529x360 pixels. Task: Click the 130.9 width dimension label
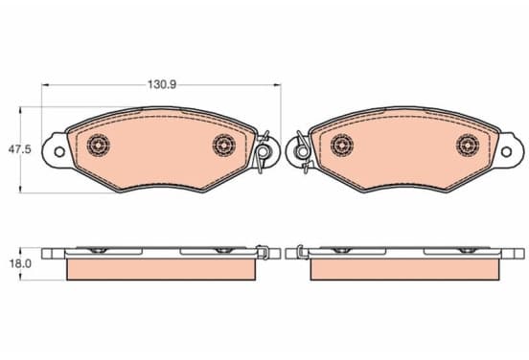[x=162, y=84]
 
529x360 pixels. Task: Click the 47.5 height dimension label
[x=19, y=149]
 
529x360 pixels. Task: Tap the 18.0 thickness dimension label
[x=20, y=263]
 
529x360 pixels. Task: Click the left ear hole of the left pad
[x=59, y=151]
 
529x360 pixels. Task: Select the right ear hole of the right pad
[x=506, y=151]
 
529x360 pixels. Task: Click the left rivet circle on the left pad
[x=98, y=145]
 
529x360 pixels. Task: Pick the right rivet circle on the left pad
[x=224, y=145]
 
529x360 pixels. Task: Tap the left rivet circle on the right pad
[x=342, y=145]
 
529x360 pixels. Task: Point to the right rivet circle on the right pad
[x=468, y=145]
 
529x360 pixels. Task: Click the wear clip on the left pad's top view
[x=264, y=151]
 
